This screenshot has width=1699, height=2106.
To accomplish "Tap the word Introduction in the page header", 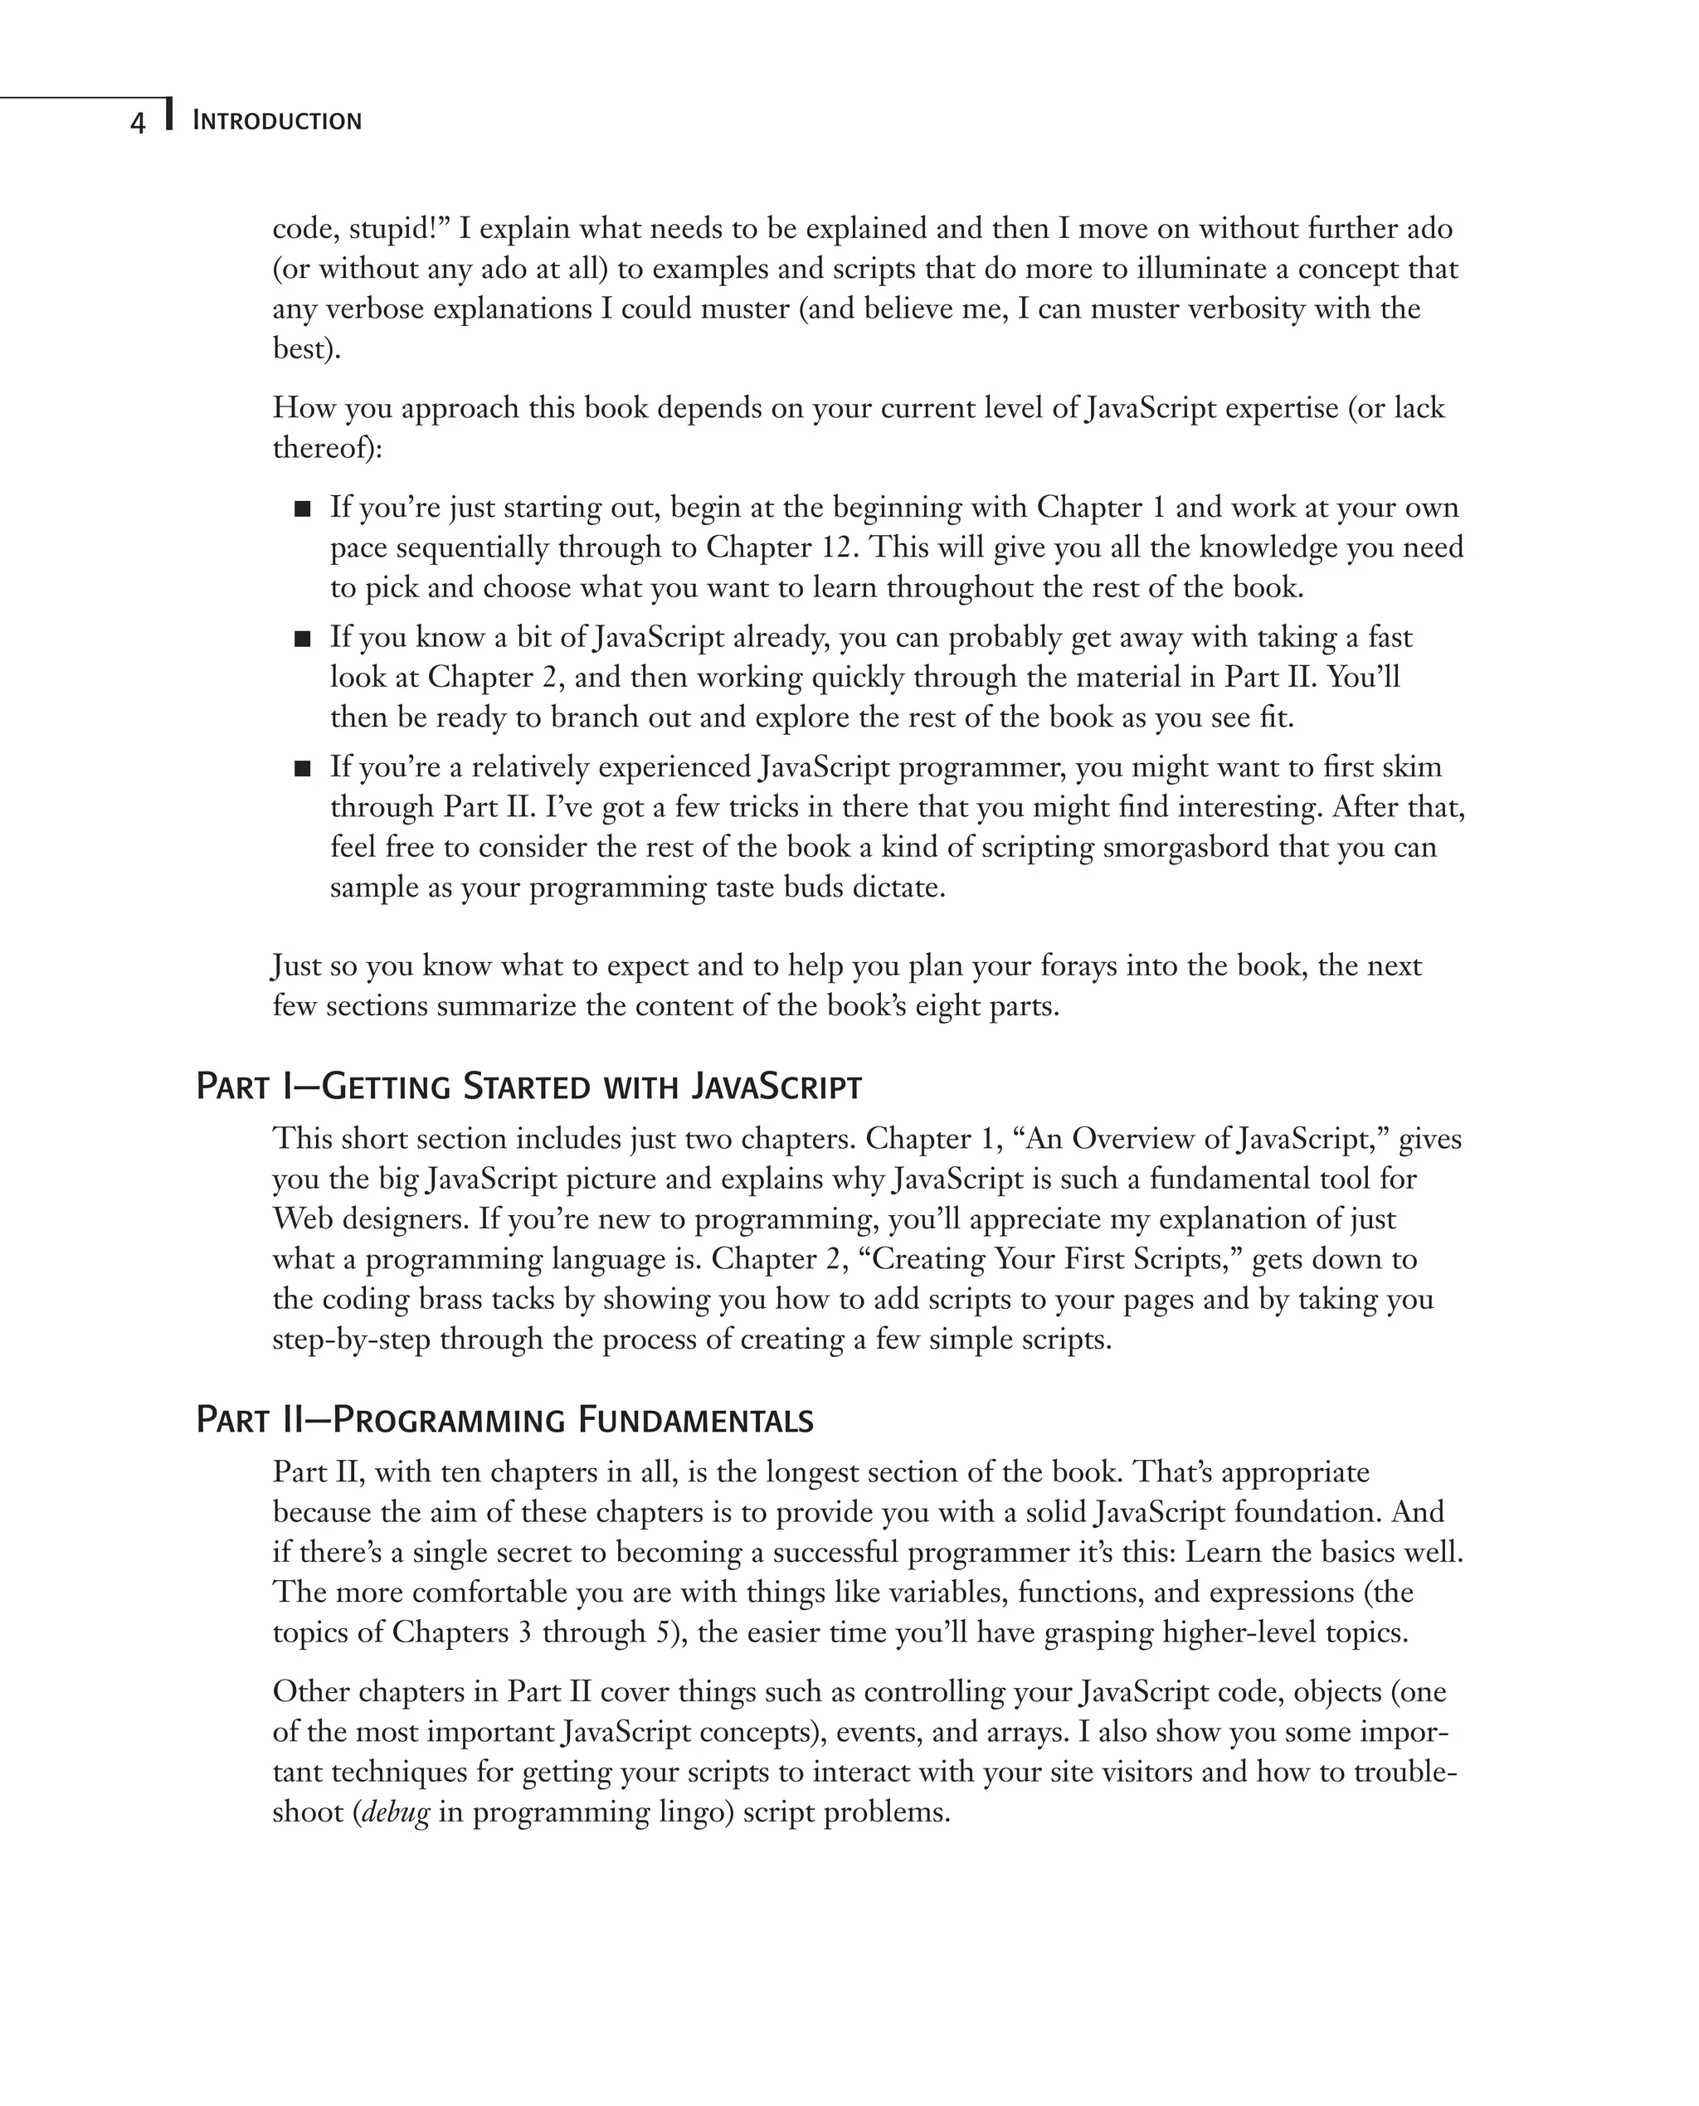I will pos(277,121).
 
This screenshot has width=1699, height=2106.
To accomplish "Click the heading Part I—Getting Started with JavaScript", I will pos(528,1087).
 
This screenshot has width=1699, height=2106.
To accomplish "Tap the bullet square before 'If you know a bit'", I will pos(303,639).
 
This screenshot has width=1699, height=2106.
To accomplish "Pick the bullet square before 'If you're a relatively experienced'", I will pos(303,769).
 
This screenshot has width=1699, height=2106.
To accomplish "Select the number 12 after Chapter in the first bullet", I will pos(838,547).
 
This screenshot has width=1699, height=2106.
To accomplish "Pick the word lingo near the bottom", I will pos(690,1812).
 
